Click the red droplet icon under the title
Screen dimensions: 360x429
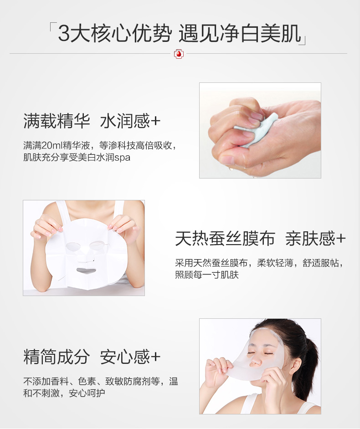179,54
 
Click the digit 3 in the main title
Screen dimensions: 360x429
64,33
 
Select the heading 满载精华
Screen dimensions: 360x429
57,121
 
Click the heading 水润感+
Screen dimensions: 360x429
130,121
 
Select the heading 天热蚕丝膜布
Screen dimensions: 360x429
225,238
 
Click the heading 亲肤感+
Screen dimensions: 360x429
315,238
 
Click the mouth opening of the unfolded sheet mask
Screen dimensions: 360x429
86,271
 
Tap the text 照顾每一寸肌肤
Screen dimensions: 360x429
207,275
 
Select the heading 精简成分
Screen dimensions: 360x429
57,357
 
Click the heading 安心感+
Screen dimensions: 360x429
130,357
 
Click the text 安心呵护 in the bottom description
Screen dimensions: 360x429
87,393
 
